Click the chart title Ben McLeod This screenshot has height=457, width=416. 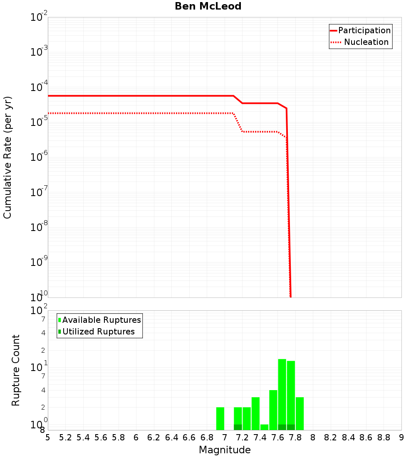(208, 6)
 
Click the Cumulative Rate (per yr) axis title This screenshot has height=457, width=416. (7, 157)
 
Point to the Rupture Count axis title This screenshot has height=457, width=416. (16, 370)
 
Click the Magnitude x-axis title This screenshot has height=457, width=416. (225, 450)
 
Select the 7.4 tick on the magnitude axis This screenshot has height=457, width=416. (260, 437)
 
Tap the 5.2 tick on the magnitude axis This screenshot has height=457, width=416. (66, 437)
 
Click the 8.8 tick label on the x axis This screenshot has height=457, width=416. (384, 437)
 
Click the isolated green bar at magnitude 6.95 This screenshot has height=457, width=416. (220, 418)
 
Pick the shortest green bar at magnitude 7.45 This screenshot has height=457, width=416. (264, 427)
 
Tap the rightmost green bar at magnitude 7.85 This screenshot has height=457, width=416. (300, 413)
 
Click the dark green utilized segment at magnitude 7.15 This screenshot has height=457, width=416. (238, 427)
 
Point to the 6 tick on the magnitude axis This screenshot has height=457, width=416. (136, 437)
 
